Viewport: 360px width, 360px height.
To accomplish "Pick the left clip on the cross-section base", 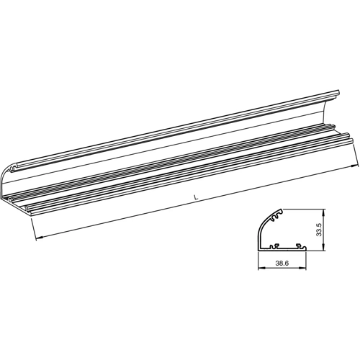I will click(274, 246).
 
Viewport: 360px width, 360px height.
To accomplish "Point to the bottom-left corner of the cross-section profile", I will click(260, 249).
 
